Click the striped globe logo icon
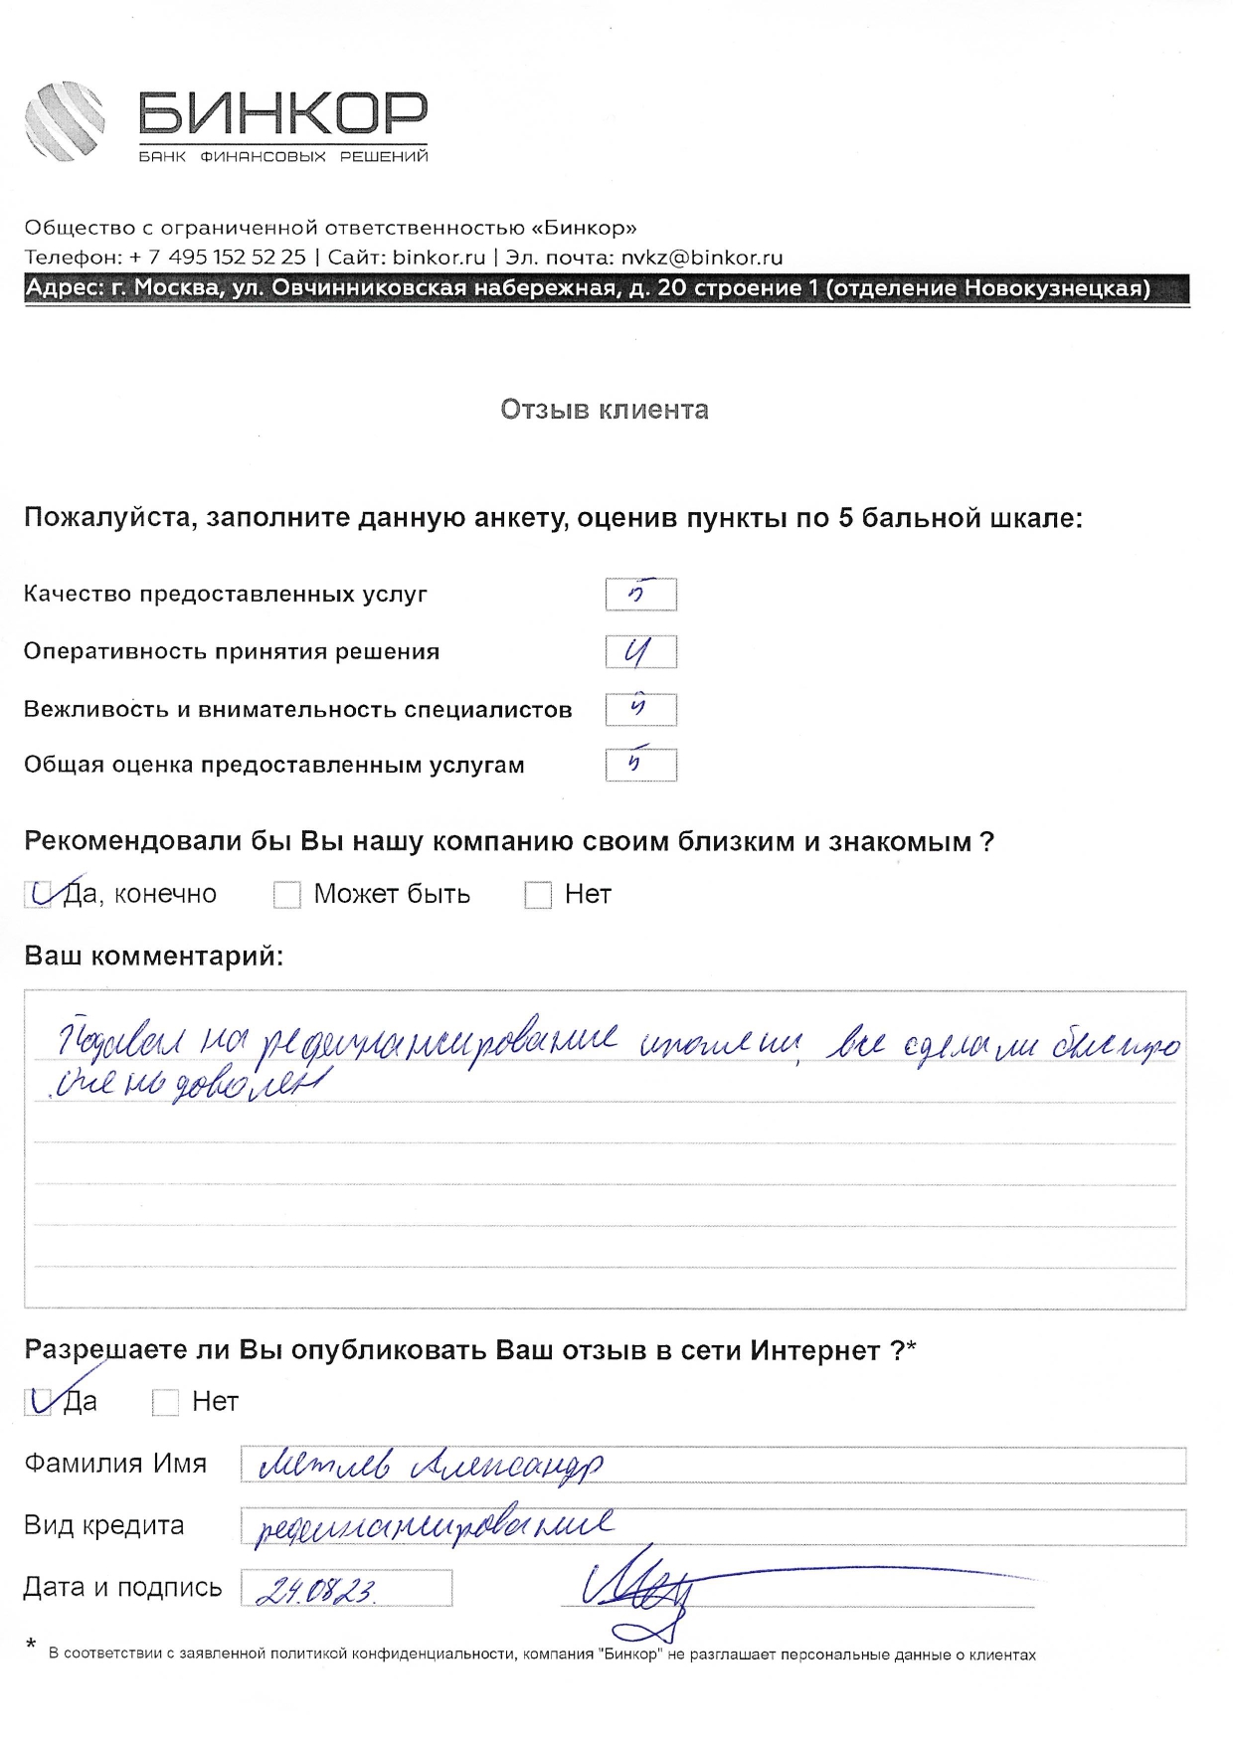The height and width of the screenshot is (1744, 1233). pyautogui.click(x=65, y=121)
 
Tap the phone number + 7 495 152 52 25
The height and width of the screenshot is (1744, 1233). pyautogui.click(x=218, y=258)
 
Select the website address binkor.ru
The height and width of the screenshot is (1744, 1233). pyautogui.click(x=439, y=258)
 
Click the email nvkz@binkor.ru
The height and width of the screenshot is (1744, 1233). pyautogui.click(x=702, y=258)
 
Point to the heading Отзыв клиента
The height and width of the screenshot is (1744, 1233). pyautogui.click(x=605, y=410)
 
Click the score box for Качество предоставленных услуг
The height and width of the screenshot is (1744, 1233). pyautogui.click(x=641, y=595)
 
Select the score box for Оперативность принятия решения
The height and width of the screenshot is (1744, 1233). pyautogui.click(x=641, y=652)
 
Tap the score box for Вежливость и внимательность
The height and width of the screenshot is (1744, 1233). pyautogui.click(x=641, y=710)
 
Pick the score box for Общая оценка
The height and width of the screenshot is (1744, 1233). pyautogui.click(x=641, y=766)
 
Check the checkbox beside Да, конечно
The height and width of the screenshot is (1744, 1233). pyautogui.click(x=39, y=895)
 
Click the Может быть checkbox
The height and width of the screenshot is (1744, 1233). pyautogui.click(x=287, y=895)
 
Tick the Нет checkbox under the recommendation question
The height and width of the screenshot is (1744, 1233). pyautogui.click(x=538, y=895)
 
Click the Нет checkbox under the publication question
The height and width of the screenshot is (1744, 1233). pyautogui.click(x=165, y=1402)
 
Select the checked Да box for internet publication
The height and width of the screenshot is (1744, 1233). pyautogui.click(x=39, y=1402)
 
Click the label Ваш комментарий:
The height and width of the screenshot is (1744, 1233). pyautogui.click(x=153, y=957)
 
